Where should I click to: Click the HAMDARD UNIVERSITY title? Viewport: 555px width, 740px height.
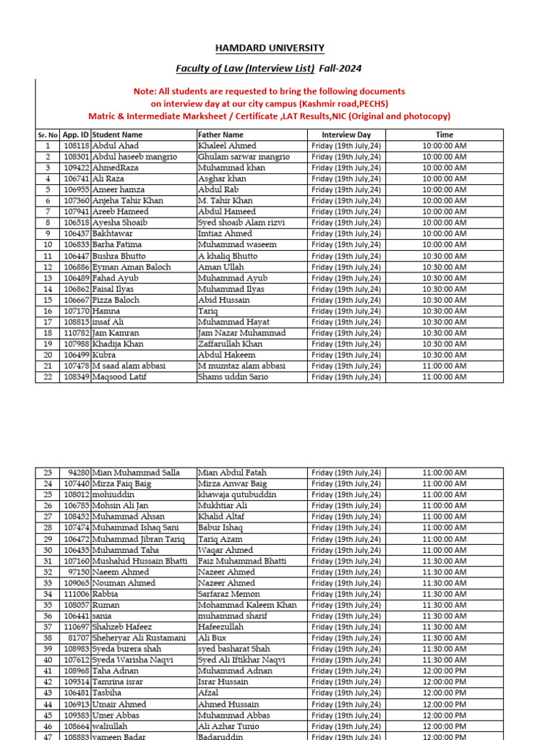pyautogui.click(x=270, y=48)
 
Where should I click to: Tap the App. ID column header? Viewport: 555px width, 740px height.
pyautogui.click(x=76, y=134)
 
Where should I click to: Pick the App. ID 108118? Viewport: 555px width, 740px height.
pyautogui.click(x=77, y=145)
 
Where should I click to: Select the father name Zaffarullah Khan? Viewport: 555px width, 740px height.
pyautogui.click(x=231, y=344)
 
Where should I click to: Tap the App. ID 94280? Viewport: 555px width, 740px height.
pyautogui.click(x=78, y=473)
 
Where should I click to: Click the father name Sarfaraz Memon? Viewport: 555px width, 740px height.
pyautogui.click(x=228, y=594)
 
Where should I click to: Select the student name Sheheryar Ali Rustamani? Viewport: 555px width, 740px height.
pyautogui.click(x=139, y=638)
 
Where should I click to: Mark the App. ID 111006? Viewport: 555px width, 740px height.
pyautogui.click(x=77, y=594)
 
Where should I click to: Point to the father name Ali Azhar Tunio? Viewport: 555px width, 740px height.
pyautogui.click(x=228, y=726)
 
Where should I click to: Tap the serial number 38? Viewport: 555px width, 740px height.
pyautogui.click(x=48, y=638)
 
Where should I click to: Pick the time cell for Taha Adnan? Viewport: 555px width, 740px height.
pyautogui.click(x=444, y=671)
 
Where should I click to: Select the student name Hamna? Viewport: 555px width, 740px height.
pyautogui.click(x=106, y=311)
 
